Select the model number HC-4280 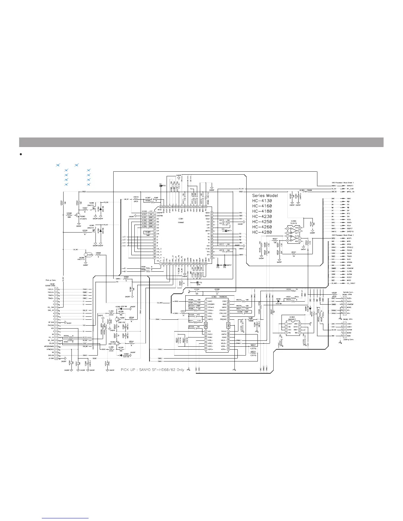pyautogui.click(x=262, y=232)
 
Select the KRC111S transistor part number pyautogui.click(x=81, y=259)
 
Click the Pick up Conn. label pyautogui.click(x=50, y=280)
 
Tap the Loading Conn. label pyautogui.click(x=348, y=339)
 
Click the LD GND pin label pyautogui.click(x=51, y=358)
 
